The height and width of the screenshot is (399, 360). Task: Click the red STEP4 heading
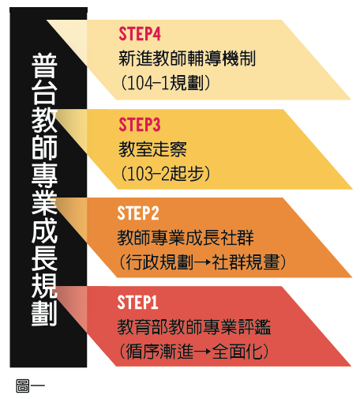(140, 34)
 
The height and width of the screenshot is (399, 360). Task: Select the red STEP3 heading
(140, 124)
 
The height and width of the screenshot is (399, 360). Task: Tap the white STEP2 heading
(138, 213)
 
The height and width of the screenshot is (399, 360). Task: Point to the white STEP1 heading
(137, 302)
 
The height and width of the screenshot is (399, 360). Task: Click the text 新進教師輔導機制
(187, 58)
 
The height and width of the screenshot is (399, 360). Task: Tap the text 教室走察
(152, 149)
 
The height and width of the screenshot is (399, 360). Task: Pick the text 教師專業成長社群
(186, 238)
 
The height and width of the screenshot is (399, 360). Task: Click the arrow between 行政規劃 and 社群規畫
(202, 262)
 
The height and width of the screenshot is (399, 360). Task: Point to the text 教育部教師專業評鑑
(194, 327)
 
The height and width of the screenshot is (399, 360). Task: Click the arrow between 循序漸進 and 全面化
(202, 351)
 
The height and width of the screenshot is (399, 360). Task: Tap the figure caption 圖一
(30, 386)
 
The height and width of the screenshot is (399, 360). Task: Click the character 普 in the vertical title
(44, 66)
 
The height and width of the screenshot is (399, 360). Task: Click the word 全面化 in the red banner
(238, 351)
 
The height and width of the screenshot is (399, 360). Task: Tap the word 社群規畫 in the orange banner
(246, 262)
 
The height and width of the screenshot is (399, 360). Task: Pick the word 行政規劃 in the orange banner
(159, 262)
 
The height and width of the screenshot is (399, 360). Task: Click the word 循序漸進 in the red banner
(159, 351)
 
